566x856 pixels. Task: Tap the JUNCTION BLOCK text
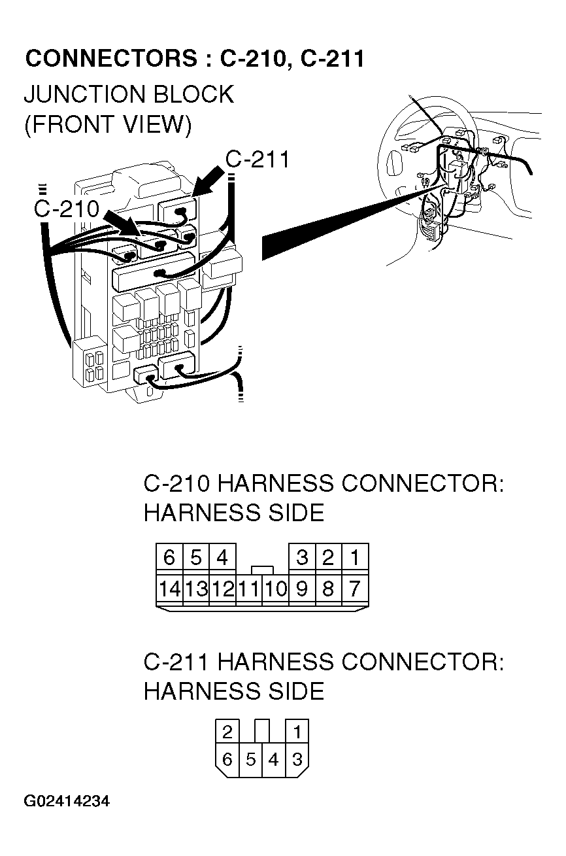pos(128,94)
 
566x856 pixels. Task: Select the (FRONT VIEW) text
pos(108,124)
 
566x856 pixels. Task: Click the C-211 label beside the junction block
pos(257,160)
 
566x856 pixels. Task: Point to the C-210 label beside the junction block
pos(66,209)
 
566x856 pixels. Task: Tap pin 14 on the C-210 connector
pos(169,589)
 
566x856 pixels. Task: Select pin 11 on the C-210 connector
pos(248,589)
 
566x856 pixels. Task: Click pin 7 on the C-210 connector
pos(354,589)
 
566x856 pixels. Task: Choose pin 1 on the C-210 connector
pos(354,558)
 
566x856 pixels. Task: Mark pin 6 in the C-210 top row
pos(169,558)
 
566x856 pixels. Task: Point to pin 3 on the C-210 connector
pos(301,558)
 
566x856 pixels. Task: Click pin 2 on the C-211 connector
pos(227,731)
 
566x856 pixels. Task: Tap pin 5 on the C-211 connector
pos(250,759)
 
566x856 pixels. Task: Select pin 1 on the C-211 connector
pos(297,731)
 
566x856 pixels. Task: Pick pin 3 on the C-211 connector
pos(297,759)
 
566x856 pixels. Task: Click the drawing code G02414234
pos(67,802)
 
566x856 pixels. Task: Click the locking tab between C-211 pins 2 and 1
pos(262,730)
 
